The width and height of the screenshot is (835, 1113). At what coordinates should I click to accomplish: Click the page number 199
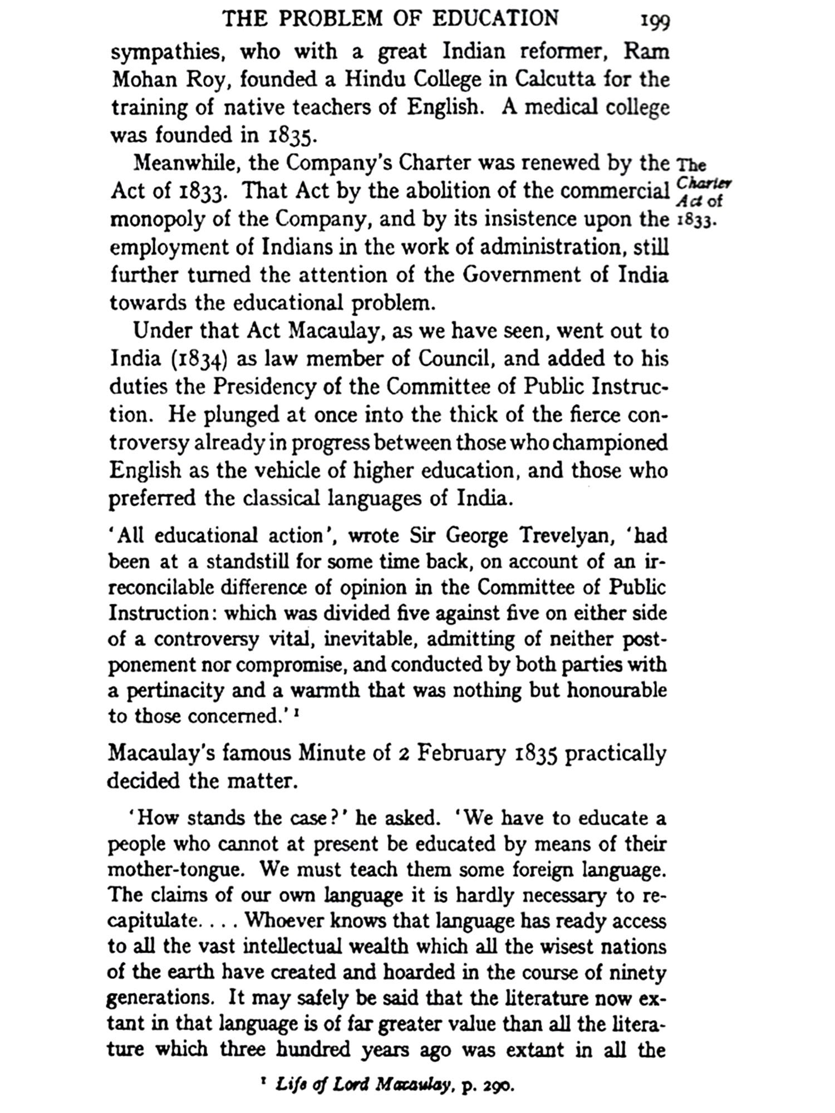coord(655,22)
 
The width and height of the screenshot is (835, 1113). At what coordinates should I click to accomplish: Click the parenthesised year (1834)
coord(201,359)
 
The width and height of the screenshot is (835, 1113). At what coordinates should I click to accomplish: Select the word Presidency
coord(259,387)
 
